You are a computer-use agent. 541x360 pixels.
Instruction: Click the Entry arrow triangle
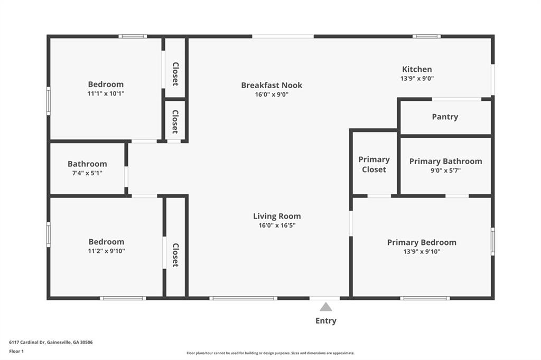325,307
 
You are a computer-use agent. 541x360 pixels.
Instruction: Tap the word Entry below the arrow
325,321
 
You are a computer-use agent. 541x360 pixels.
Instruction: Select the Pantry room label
445,117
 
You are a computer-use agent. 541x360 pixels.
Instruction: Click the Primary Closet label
374,165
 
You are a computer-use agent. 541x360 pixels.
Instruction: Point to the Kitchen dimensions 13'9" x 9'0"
417,78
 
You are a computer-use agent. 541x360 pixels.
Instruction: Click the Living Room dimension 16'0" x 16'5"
277,225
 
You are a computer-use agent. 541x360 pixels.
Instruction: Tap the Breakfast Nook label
272,85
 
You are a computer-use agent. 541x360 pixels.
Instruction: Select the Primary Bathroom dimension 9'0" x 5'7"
445,170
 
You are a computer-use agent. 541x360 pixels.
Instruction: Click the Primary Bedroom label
422,242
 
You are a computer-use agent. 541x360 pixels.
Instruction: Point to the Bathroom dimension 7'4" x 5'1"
87,173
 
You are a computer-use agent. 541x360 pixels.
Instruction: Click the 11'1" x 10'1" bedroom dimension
106,93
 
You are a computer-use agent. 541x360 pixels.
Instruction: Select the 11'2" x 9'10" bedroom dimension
106,251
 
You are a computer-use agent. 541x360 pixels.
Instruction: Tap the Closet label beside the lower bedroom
175,255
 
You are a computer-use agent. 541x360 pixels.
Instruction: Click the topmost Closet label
175,74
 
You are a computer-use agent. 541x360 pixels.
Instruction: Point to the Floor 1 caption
16,352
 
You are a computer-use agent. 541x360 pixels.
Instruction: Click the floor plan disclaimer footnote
270,353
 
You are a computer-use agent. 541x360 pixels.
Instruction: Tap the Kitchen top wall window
426,36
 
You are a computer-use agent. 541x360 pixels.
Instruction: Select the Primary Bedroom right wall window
493,241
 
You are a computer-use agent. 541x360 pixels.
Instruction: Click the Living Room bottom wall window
243,298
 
